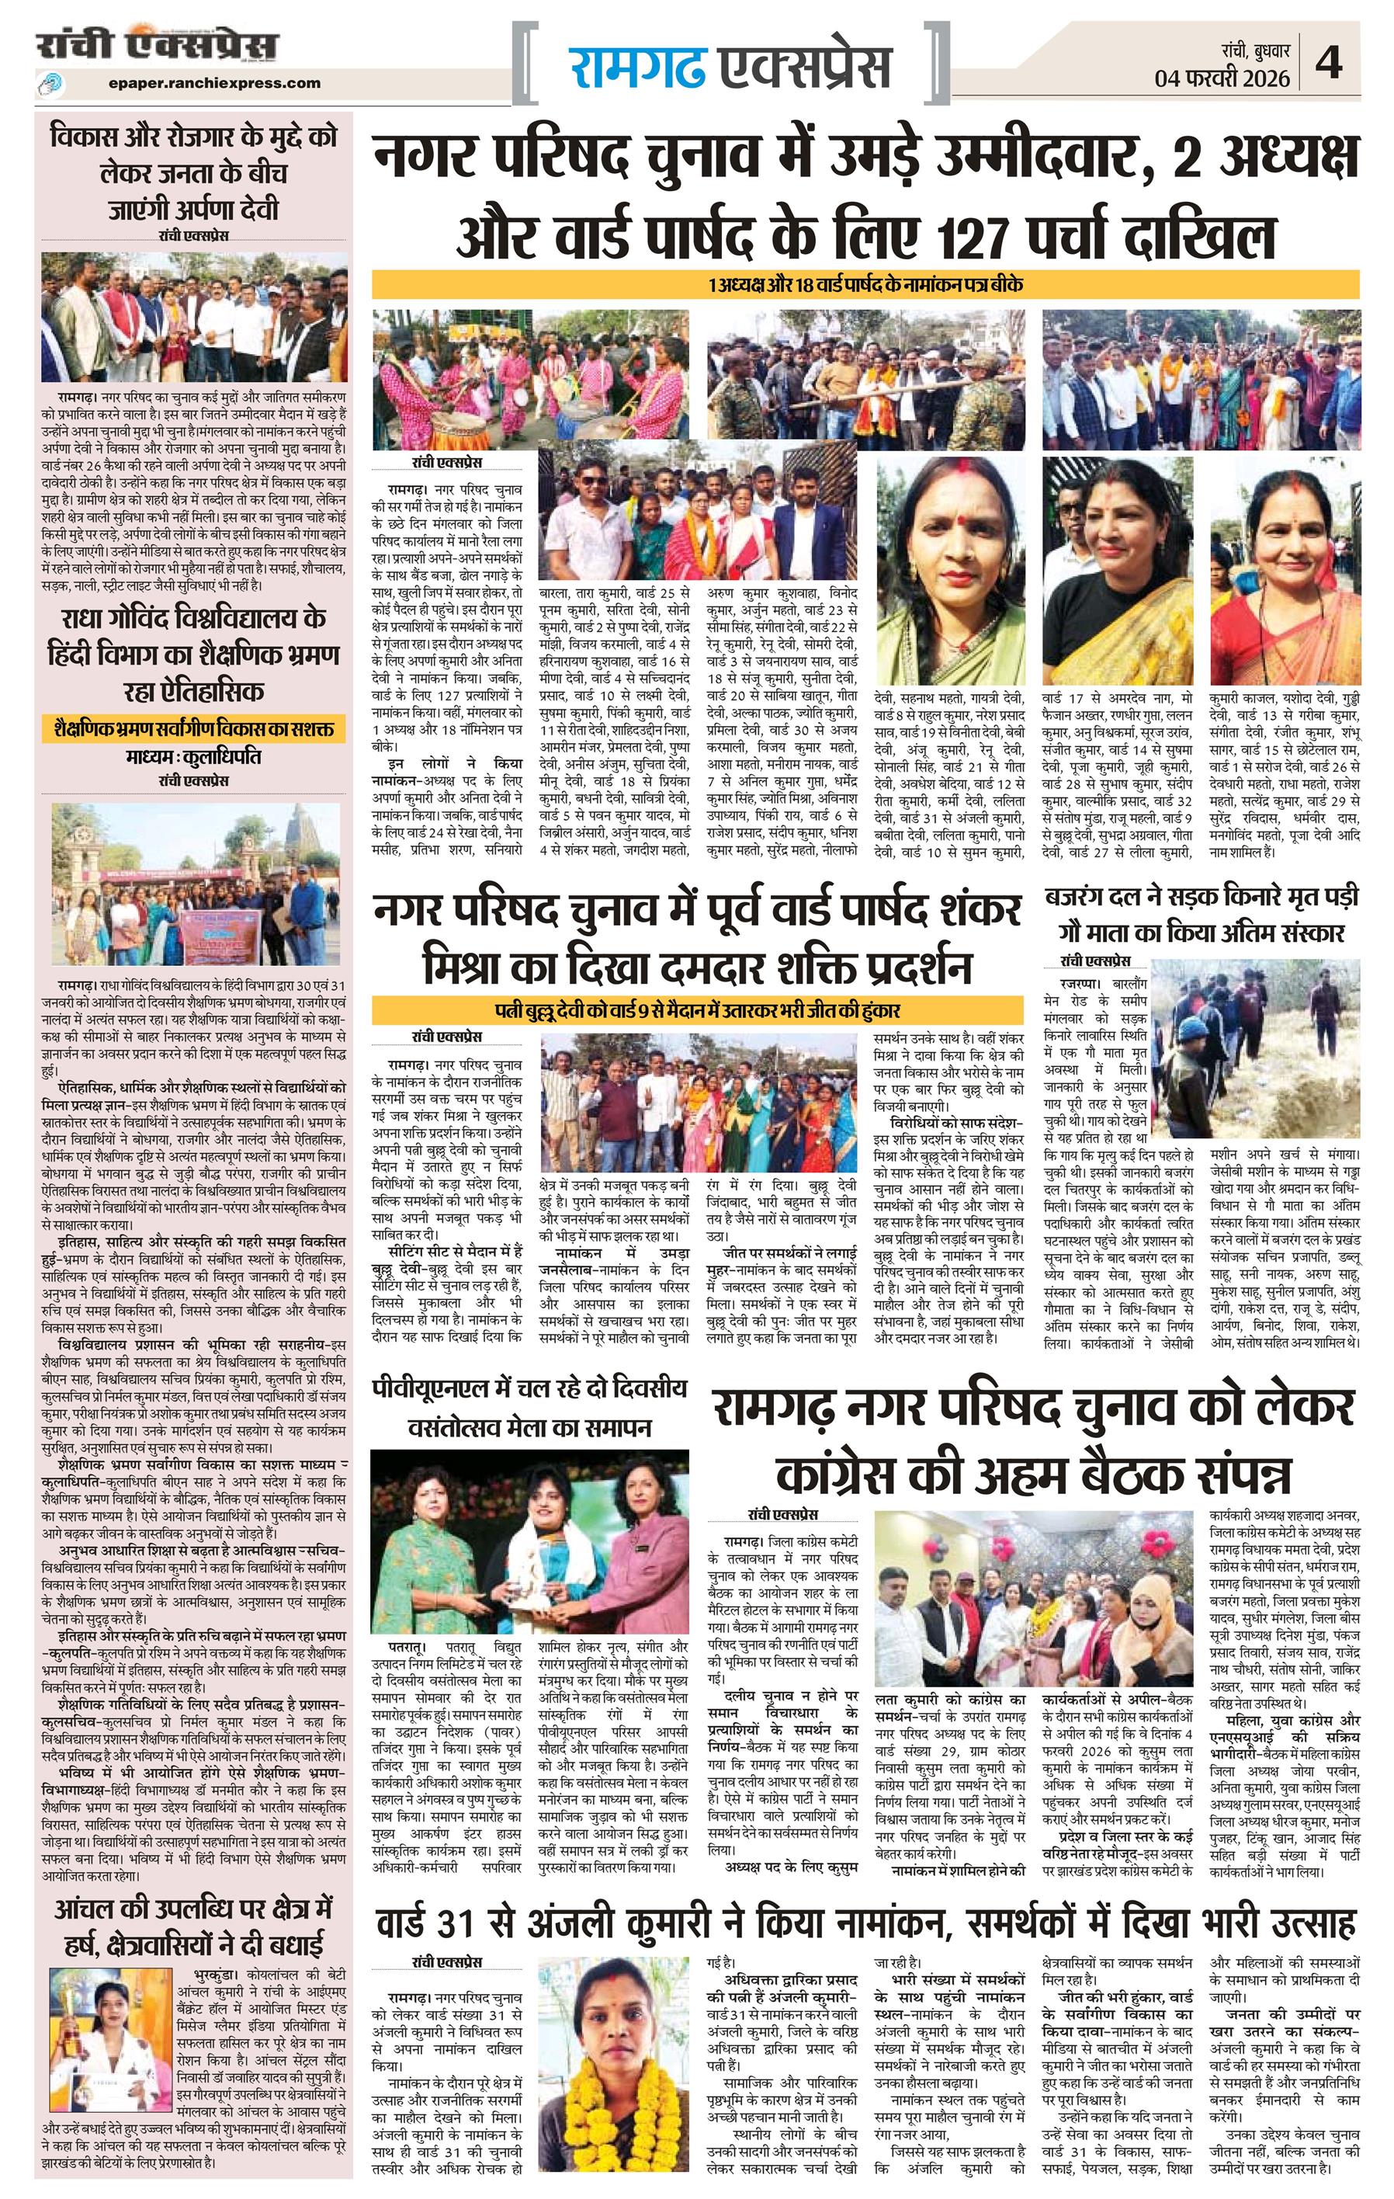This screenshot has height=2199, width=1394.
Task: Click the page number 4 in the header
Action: click(x=1329, y=63)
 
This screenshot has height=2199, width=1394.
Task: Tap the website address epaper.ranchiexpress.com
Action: click(x=213, y=82)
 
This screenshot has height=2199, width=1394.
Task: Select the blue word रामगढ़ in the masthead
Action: click(x=638, y=67)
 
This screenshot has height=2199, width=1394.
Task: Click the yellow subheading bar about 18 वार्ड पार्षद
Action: click(x=865, y=284)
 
